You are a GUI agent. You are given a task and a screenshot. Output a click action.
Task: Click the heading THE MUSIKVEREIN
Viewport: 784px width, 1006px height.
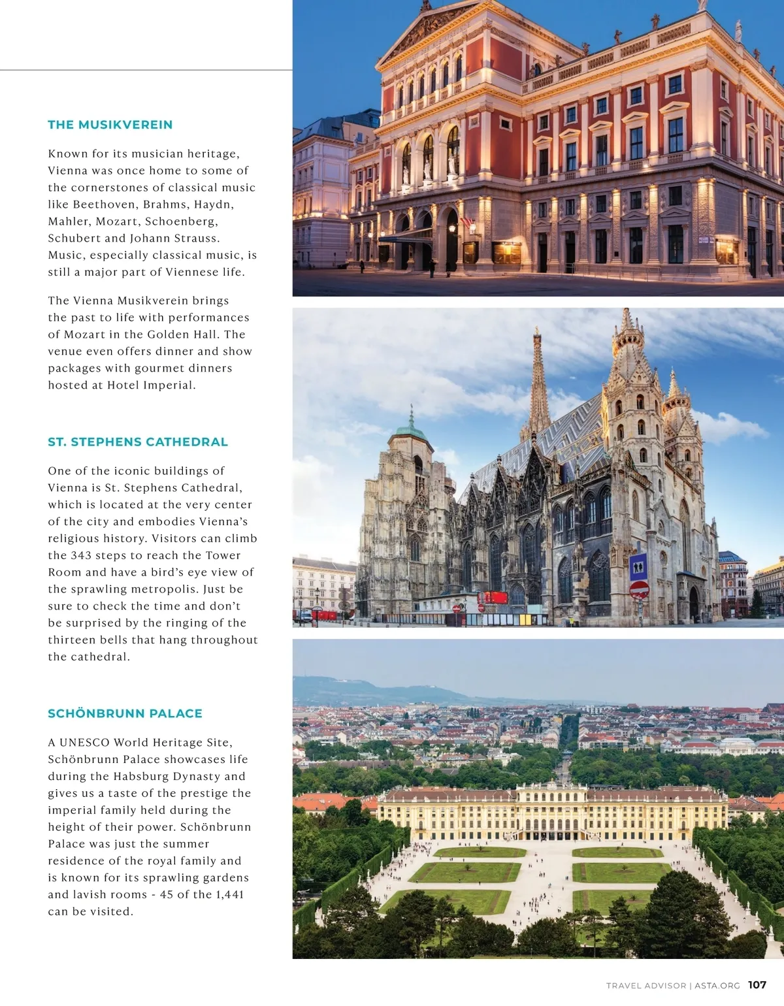tap(110, 125)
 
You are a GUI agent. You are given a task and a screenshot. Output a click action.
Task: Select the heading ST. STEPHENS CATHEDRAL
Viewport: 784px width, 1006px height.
tap(137, 442)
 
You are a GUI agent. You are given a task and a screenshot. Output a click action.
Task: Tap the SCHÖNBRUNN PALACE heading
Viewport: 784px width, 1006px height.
tap(125, 714)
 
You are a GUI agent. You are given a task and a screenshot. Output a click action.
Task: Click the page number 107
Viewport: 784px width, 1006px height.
tap(757, 985)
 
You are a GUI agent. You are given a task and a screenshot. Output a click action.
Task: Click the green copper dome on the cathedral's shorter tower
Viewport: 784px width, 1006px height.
tap(410, 432)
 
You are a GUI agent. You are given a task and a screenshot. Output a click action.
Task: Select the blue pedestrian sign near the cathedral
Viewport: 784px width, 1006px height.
tap(638, 567)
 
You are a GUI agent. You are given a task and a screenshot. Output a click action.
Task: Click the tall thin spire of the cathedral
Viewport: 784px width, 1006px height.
tap(538, 379)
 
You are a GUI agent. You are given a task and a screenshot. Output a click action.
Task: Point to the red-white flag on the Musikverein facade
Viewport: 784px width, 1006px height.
tap(466, 223)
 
